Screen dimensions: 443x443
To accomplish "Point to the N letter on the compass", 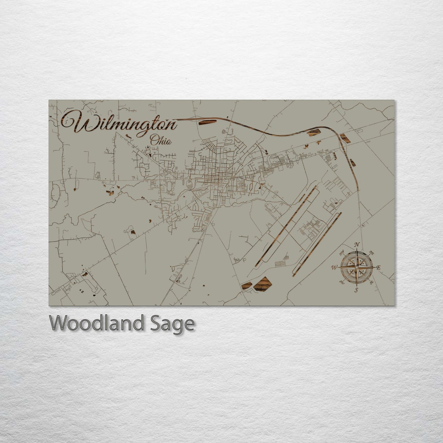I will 357,245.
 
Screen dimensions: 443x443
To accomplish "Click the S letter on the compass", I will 356,290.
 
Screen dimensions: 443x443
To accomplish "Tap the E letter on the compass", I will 378,268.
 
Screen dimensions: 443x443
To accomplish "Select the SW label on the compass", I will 342,282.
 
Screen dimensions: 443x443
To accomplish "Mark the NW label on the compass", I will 342,253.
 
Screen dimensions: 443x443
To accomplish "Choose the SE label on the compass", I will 372,282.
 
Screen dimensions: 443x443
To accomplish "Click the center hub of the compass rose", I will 356,267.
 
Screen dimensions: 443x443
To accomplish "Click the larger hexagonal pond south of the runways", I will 263,283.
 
